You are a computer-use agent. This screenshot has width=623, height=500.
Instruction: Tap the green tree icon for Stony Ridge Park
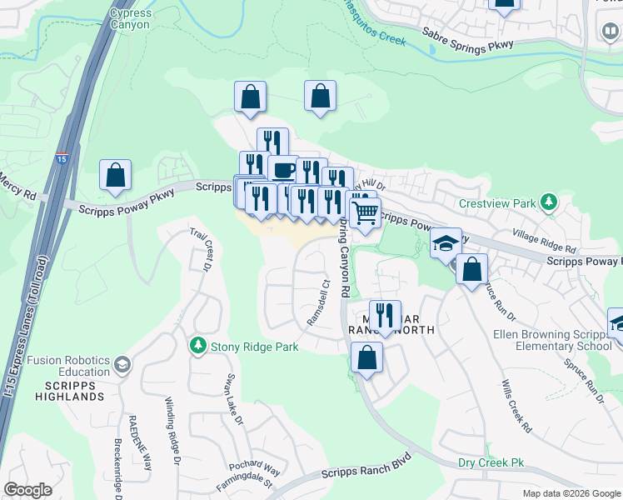pyautogui.click(x=198, y=345)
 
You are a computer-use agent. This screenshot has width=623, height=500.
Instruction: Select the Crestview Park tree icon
pyautogui.click(x=548, y=202)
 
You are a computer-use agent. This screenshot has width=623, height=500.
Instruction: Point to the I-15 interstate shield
pyautogui.click(x=62, y=157)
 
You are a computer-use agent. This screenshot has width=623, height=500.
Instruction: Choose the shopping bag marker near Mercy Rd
pyautogui.click(x=115, y=175)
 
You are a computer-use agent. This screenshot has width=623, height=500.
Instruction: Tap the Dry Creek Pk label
pyautogui.click(x=491, y=462)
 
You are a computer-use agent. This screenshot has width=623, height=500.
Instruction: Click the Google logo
pyautogui.click(x=27, y=489)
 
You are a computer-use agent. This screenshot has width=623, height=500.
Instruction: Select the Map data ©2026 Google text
pyautogui.click(x=572, y=493)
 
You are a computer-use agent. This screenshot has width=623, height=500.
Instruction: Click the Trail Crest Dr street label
pyautogui.click(x=201, y=250)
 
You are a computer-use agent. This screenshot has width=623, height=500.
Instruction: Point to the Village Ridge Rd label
pyautogui.click(x=545, y=242)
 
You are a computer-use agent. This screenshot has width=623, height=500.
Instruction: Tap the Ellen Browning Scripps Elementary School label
pyautogui.click(x=564, y=340)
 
